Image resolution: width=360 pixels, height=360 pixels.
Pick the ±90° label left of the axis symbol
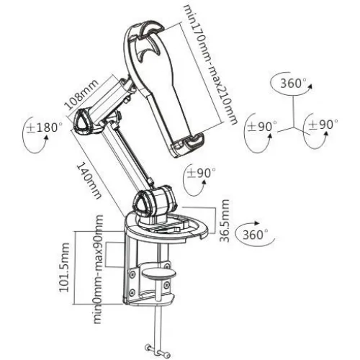262,125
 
